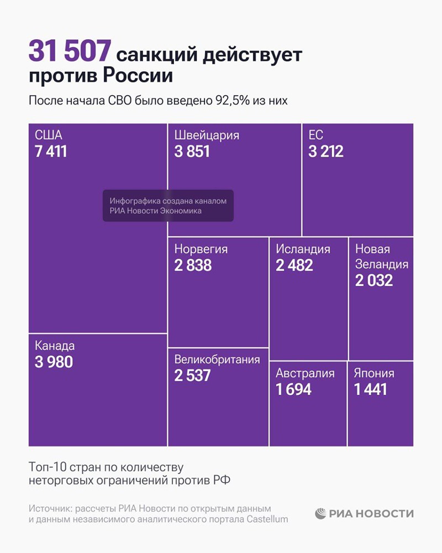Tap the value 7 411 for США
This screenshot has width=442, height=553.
click(x=51, y=151)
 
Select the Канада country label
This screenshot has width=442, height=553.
click(x=55, y=346)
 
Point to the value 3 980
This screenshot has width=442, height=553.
click(x=54, y=362)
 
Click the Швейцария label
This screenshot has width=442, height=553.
click(x=207, y=135)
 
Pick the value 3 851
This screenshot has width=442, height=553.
click(x=192, y=151)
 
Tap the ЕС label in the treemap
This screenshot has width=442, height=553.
click(x=316, y=135)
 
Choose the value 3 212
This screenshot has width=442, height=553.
click(x=326, y=151)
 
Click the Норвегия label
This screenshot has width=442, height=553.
click(x=201, y=249)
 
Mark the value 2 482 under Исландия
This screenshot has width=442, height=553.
click(x=294, y=265)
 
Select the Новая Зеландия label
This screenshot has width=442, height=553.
click(x=381, y=257)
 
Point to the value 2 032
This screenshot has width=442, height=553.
click(x=374, y=280)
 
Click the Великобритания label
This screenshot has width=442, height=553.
click(x=217, y=360)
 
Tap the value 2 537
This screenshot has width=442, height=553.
click(x=193, y=375)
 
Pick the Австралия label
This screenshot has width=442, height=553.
click(x=306, y=373)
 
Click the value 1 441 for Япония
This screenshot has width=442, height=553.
click(x=371, y=389)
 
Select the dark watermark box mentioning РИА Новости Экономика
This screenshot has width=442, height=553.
click(x=168, y=206)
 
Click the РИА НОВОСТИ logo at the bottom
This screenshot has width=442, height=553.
click(x=364, y=513)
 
